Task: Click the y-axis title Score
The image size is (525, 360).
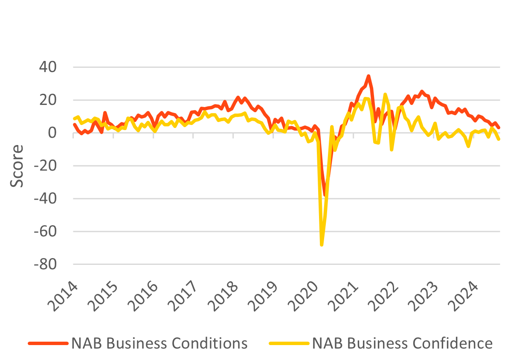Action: pyautogui.click(x=17, y=166)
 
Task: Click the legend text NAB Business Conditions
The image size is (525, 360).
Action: pyautogui.click(x=159, y=343)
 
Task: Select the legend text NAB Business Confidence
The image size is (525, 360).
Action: pyautogui.click(x=402, y=343)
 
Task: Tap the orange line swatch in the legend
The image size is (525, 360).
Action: pyautogui.click(x=48, y=343)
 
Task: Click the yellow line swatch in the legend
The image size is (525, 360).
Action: pyautogui.click(x=288, y=343)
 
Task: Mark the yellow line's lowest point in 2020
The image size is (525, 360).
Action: pyautogui.click(x=322, y=245)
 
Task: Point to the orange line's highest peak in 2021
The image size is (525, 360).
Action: pyautogui.click(x=368, y=76)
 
